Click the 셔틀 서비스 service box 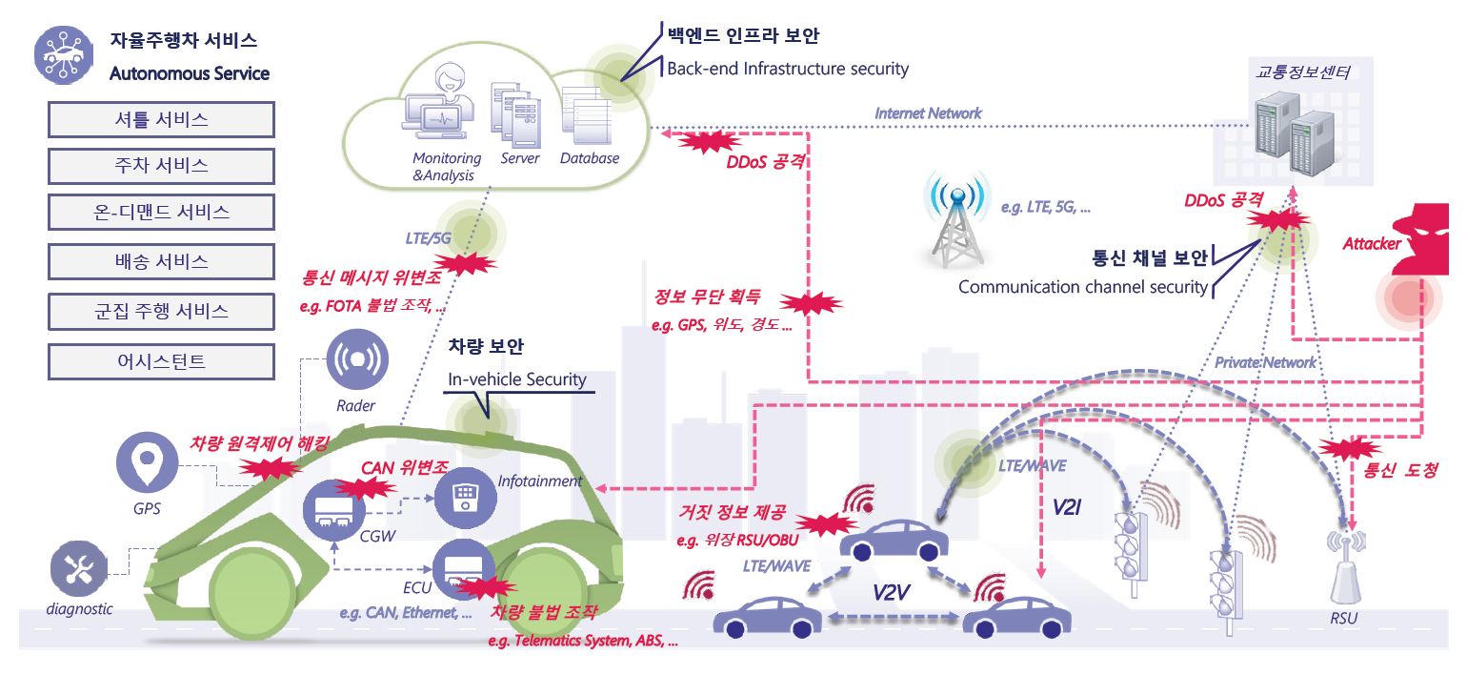161,119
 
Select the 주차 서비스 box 161,165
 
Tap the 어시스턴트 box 161,360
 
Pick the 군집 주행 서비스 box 161,311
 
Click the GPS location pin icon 148,463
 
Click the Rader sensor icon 356,361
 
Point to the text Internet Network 928,113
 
